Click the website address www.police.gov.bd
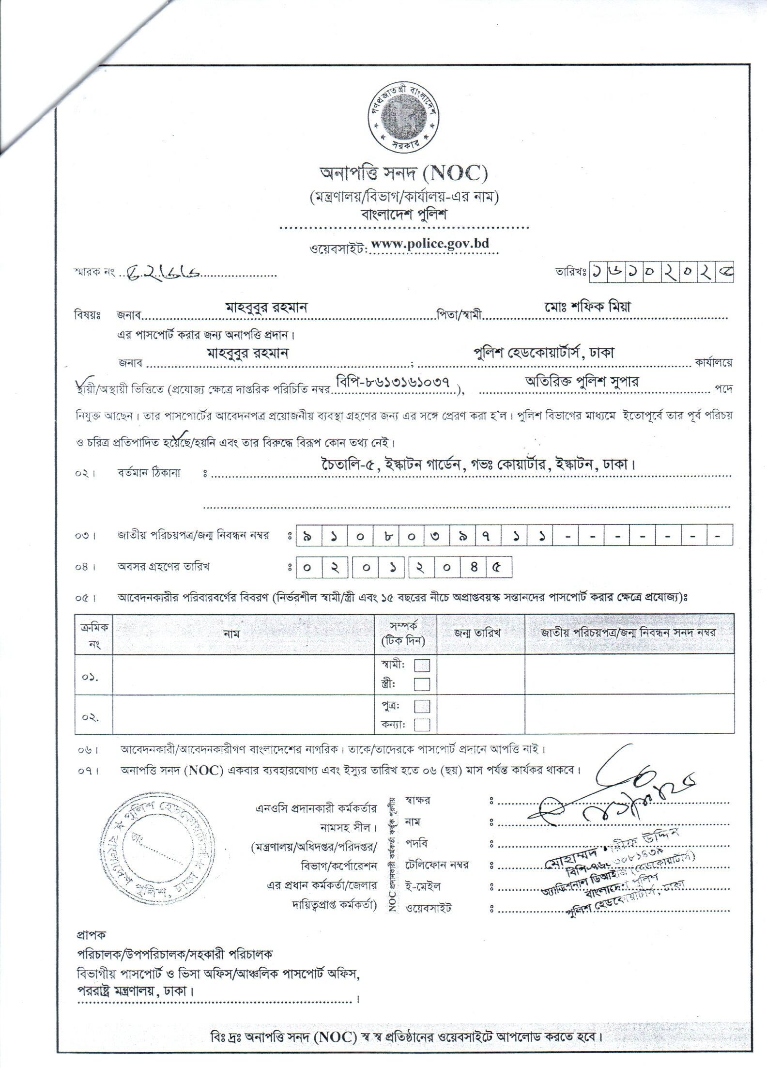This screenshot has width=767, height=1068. tap(430, 244)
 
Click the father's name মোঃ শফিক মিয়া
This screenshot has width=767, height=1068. tap(587, 307)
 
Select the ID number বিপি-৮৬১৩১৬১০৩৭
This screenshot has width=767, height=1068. tap(396, 381)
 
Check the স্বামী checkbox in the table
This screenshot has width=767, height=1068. tap(422, 666)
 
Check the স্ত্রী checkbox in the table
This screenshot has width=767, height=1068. tap(422, 684)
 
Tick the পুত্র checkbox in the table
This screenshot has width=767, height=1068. tap(422, 706)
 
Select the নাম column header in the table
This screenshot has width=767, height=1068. tap(232, 633)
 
